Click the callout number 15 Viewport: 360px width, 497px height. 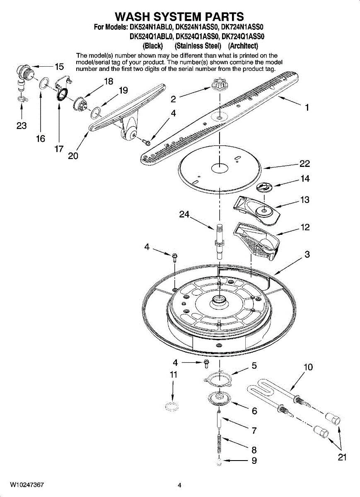coord(59,67)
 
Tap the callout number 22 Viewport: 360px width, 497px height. coord(305,164)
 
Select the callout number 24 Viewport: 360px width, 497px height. coord(184,215)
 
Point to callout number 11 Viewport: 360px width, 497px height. coord(174,375)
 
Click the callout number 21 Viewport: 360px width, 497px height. coord(342,457)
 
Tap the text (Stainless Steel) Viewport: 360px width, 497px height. coord(198,46)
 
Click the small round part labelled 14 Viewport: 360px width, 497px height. coord(263,187)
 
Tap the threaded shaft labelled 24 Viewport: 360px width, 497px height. coord(220,241)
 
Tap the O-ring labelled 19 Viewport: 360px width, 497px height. coord(96,113)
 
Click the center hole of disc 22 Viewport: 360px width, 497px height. coord(220,169)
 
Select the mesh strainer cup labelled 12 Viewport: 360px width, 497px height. coord(256,241)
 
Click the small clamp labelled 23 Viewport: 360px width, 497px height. coord(22,99)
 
